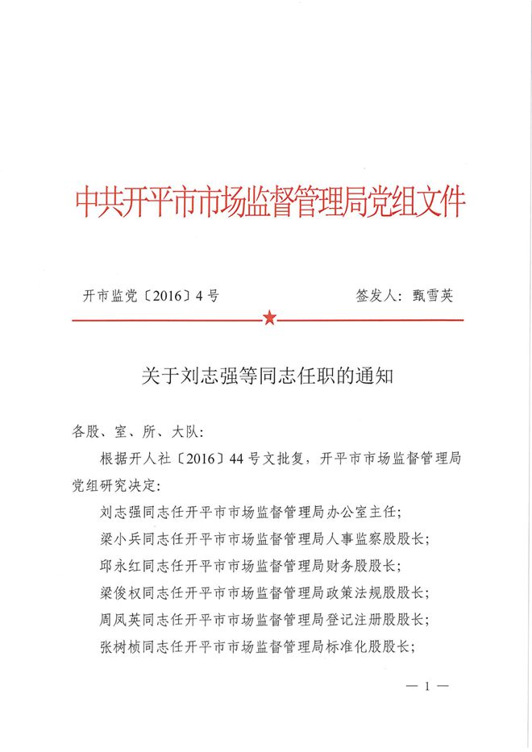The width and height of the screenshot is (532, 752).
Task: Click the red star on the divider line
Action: coord(268,319)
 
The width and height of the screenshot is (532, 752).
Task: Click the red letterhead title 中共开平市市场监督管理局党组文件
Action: coord(269,202)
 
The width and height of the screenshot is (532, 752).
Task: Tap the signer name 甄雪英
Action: coord(432,295)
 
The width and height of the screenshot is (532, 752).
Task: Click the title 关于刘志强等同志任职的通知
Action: coord(267,376)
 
